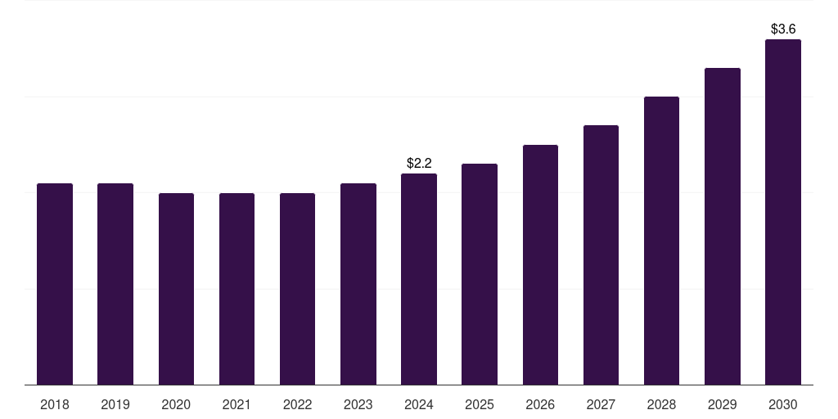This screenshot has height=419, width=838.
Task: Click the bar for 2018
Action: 55,284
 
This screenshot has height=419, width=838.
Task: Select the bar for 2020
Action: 176,289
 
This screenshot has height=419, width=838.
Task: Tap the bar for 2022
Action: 297,289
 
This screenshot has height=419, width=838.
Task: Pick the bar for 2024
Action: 419,279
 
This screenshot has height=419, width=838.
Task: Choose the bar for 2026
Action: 540,264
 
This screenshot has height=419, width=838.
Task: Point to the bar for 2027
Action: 601,255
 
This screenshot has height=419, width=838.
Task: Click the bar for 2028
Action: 661,241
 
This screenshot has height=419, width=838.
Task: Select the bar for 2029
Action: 723,226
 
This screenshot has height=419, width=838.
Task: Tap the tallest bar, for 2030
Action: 783,212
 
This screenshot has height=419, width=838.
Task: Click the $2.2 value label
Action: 419,164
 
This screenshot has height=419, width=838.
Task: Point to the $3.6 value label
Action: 783,29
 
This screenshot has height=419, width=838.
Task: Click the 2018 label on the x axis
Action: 55,404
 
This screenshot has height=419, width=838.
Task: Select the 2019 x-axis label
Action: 115,404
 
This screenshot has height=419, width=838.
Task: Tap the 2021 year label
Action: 237,404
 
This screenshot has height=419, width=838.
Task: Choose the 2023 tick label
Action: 358,404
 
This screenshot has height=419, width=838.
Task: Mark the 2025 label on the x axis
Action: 480,404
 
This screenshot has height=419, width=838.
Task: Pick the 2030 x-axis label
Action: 783,404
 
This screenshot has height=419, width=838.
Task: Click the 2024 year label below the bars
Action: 419,404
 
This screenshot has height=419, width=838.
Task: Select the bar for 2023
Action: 358,284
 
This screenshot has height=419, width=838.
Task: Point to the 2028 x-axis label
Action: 661,404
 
